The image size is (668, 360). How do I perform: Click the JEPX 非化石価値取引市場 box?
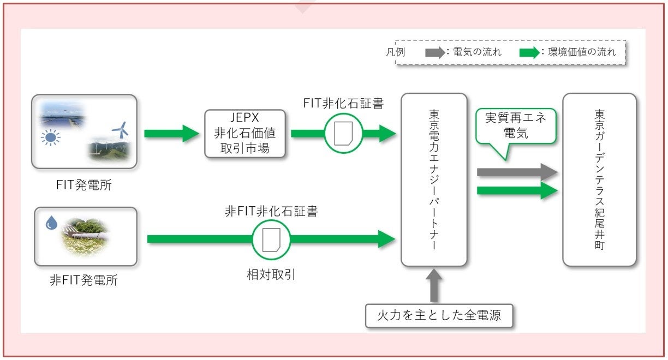pyautogui.click(x=245, y=134)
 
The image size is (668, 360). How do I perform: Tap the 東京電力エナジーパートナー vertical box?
pyautogui.click(x=434, y=179)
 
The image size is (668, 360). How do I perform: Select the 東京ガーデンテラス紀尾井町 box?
pyautogui.click(x=599, y=179)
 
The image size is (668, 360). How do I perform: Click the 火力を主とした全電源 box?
pyautogui.click(x=439, y=315)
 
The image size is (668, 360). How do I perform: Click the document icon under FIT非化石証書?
pyautogui.click(x=343, y=133)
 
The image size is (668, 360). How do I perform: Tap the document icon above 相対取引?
pyautogui.click(x=271, y=239)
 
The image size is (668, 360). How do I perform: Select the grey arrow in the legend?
pyautogui.click(x=435, y=53)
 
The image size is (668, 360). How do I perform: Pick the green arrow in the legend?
pyautogui.click(x=529, y=53)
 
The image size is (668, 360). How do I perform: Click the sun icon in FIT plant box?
pyautogui.click(x=50, y=137)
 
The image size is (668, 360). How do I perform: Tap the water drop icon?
pyautogui.click(x=51, y=223)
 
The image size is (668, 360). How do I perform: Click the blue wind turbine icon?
pyautogui.click(x=121, y=130)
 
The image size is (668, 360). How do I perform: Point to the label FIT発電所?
pyautogui.click(x=84, y=185)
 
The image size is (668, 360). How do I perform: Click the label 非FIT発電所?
pyautogui.click(x=84, y=280)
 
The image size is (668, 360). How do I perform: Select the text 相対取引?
pyautogui.click(x=271, y=274)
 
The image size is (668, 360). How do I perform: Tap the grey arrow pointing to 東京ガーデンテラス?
pyautogui.click(x=517, y=172)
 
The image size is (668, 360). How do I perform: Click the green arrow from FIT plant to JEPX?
pyautogui.click(x=172, y=133)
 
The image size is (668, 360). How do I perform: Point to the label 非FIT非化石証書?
pyautogui.click(x=271, y=211)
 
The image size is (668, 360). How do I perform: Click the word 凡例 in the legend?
pyautogui.click(x=396, y=52)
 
